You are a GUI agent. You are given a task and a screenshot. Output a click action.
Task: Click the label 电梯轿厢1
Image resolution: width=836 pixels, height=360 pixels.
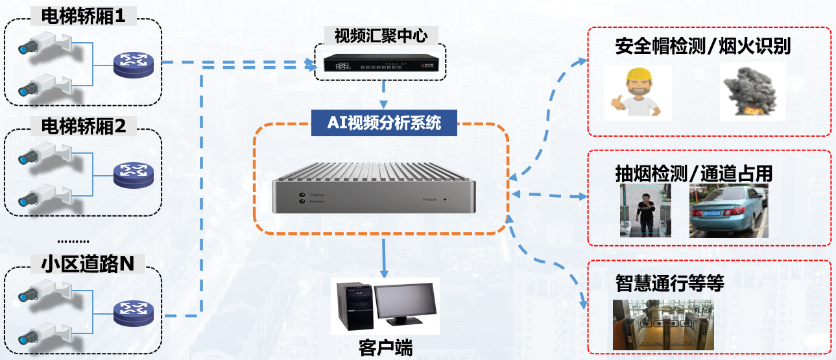[x=83, y=16]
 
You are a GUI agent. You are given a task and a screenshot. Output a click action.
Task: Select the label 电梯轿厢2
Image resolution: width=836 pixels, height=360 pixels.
[x=84, y=126]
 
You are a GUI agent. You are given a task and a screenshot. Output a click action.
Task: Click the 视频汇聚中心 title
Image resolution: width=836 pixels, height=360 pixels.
[x=381, y=35]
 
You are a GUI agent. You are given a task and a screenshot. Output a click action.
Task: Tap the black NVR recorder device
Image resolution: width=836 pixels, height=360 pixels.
[x=380, y=63]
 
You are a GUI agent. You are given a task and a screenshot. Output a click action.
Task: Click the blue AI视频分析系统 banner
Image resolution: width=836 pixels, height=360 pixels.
[x=384, y=123]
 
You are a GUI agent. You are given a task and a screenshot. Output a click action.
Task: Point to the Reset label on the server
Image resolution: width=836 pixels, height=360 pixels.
[x=429, y=199]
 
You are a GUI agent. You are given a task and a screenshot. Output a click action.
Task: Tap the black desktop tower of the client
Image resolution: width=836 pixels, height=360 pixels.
[x=352, y=304]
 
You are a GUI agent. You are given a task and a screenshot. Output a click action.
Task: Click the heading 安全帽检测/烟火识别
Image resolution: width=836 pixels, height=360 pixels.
[x=702, y=47]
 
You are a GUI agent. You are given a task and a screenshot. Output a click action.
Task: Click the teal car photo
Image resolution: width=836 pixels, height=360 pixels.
[x=728, y=211]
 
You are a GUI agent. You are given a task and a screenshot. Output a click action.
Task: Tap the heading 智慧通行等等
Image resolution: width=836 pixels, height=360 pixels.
[x=669, y=283]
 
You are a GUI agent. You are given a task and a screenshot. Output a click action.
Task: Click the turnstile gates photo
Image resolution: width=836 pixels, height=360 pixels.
[x=663, y=324]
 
